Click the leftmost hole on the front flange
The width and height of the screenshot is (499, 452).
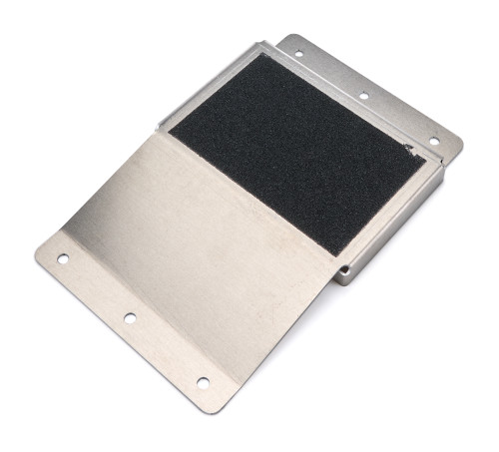(63, 259)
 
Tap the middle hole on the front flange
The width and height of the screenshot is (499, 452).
(130, 318)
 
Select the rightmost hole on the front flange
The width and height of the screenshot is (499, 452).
(203, 382)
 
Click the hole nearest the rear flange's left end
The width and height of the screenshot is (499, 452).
(297, 53)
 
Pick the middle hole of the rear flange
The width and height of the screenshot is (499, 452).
(363, 96)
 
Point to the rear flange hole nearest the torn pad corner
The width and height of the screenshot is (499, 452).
(433, 141)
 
